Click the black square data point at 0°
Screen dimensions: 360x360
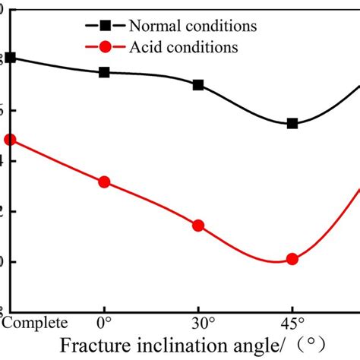[x=104, y=72]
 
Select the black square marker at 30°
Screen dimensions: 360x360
[x=198, y=85]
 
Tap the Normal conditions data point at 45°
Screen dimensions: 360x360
[x=292, y=123]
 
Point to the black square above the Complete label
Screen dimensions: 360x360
[x=10, y=58]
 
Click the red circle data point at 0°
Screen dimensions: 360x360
[x=104, y=182]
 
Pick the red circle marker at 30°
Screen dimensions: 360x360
[x=198, y=226]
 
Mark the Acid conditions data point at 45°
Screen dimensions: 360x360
[x=292, y=259]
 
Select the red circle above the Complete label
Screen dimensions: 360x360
[x=10, y=140]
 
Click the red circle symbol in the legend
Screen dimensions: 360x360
[x=105, y=47]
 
